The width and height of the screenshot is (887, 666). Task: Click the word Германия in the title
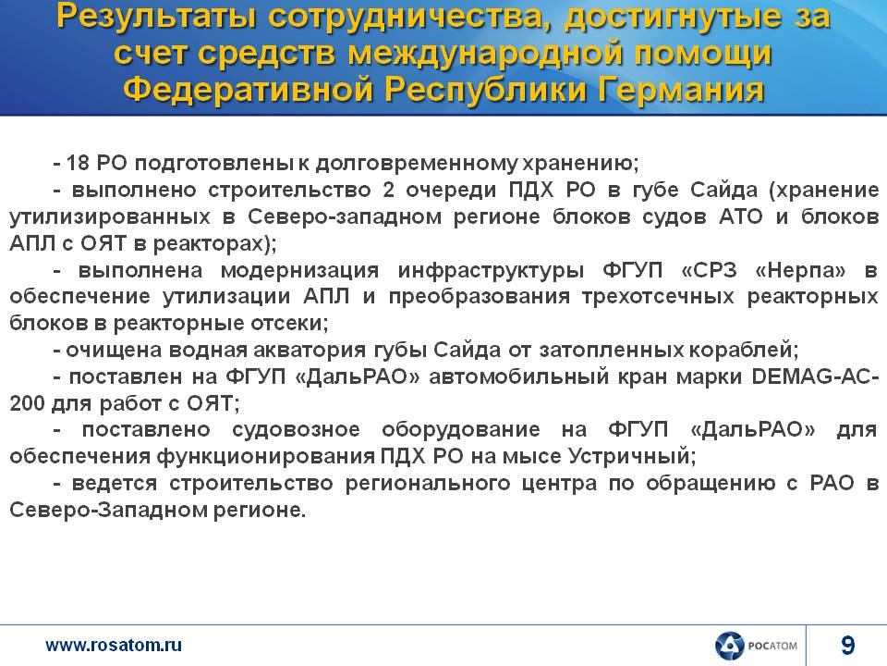coord(682,90)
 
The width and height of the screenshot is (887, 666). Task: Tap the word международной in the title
coord(487,54)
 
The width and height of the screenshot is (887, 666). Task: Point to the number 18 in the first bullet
coord(78,163)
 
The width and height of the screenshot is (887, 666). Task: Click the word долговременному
coord(416,164)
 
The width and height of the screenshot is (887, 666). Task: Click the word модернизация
coord(299,271)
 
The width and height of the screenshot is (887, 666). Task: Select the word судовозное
coord(296,430)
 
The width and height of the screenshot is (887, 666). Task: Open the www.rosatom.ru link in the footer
coord(114,645)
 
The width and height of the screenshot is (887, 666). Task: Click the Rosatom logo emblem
coord(729,647)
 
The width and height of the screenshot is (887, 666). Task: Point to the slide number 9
coord(847,646)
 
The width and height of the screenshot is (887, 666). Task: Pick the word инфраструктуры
coord(491,271)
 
